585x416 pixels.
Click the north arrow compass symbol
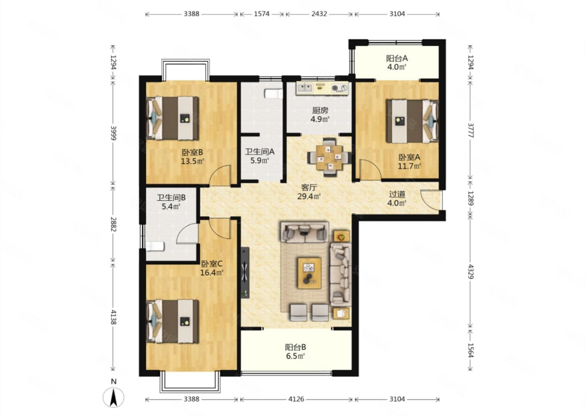click(113, 397)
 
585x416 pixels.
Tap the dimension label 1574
click(262, 14)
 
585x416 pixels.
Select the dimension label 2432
click(319, 14)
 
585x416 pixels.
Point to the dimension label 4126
click(297, 399)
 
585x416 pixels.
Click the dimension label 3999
click(113, 133)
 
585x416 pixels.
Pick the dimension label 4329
click(470, 272)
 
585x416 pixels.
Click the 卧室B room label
click(193, 152)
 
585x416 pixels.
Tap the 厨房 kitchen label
click(320, 110)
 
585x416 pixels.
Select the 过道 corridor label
click(397, 194)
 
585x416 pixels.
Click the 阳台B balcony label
click(295, 347)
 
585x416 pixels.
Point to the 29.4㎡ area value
click(309, 196)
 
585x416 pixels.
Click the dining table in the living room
click(329, 157)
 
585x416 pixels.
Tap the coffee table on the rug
click(310, 273)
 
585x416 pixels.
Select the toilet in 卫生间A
click(273, 93)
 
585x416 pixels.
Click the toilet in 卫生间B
click(155, 246)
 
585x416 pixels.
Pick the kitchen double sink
click(305, 88)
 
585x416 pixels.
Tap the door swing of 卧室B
click(220, 175)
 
